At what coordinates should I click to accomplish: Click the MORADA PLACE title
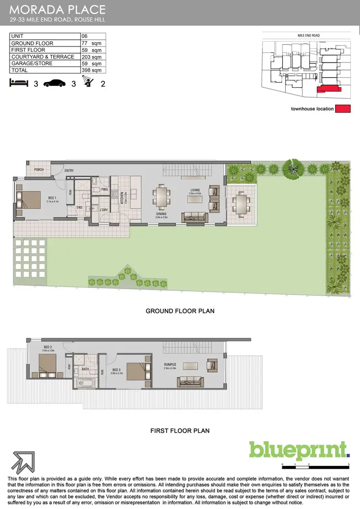click(x=57, y=9)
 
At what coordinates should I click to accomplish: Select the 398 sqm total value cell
click(x=93, y=70)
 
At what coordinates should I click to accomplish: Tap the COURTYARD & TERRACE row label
click(x=43, y=57)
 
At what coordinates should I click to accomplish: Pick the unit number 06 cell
click(x=93, y=36)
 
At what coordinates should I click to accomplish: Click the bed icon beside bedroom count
click(x=19, y=83)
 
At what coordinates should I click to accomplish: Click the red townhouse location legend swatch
click(x=343, y=109)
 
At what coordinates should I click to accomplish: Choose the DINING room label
click(x=161, y=214)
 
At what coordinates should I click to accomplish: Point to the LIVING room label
click(x=194, y=190)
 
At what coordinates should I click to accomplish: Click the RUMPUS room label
click(x=169, y=365)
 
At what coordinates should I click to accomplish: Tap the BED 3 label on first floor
click(x=117, y=370)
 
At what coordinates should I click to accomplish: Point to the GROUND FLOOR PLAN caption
click(x=180, y=311)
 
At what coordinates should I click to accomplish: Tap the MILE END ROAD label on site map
click(x=309, y=36)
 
